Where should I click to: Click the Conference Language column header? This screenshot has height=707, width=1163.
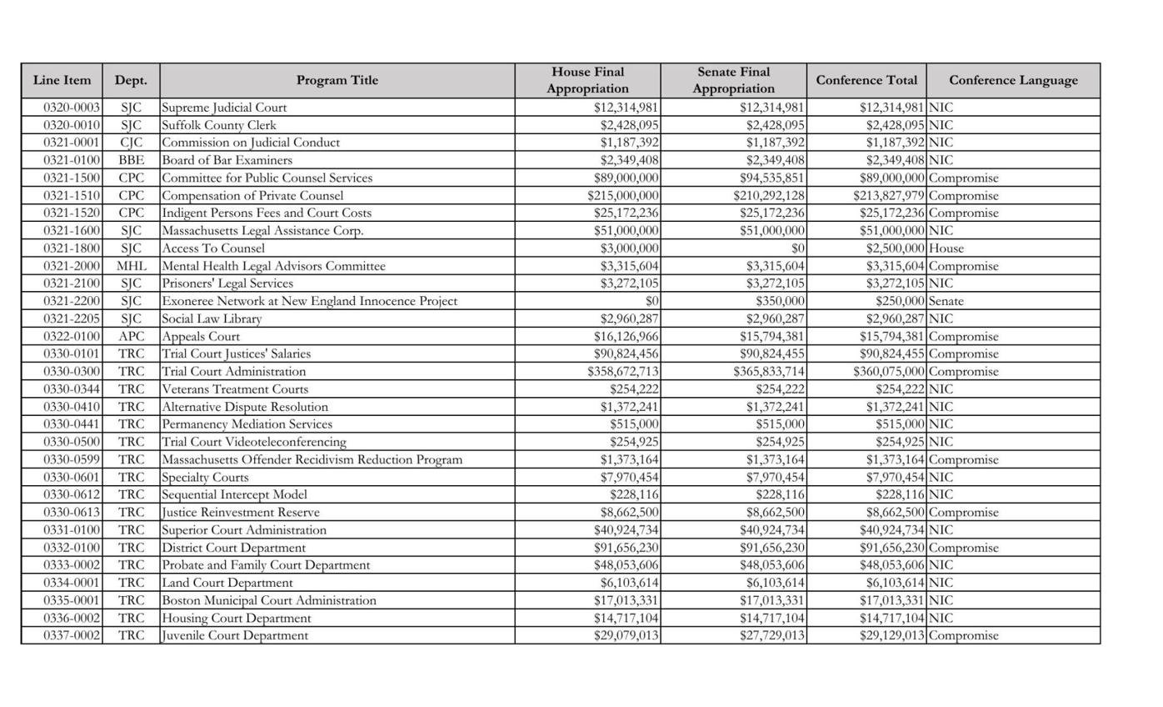pyautogui.click(x=1012, y=80)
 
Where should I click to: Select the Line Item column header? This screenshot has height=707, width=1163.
pyautogui.click(x=62, y=80)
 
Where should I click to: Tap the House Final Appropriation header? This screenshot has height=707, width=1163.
pyautogui.click(x=587, y=80)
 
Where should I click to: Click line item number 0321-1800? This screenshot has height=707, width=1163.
pyautogui.click(x=72, y=248)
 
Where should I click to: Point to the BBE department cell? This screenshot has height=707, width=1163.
pyautogui.click(x=131, y=160)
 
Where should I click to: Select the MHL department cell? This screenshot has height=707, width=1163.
pyautogui.click(x=131, y=266)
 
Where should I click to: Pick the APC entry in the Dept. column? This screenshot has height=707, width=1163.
pyautogui.click(x=131, y=337)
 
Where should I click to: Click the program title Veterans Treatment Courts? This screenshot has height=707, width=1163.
pyautogui.click(x=235, y=389)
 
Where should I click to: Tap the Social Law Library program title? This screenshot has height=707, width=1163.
pyautogui.click(x=212, y=318)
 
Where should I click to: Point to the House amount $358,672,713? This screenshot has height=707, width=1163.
pyautogui.click(x=623, y=372)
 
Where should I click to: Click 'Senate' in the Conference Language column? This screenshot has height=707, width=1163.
pyautogui.click(x=947, y=301)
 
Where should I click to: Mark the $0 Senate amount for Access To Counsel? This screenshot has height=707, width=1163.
pyautogui.click(x=797, y=248)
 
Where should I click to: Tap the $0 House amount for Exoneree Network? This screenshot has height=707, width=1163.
pyautogui.click(x=651, y=301)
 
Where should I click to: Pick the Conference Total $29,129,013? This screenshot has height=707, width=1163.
pyautogui.click(x=891, y=635)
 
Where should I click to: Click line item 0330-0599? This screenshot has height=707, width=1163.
pyautogui.click(x=72, y=459)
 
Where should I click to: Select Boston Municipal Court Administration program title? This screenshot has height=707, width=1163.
pyautogui.click(x=268, y=600)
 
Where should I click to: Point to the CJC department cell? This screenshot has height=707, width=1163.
pyautogui.click(x=131, y=143)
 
